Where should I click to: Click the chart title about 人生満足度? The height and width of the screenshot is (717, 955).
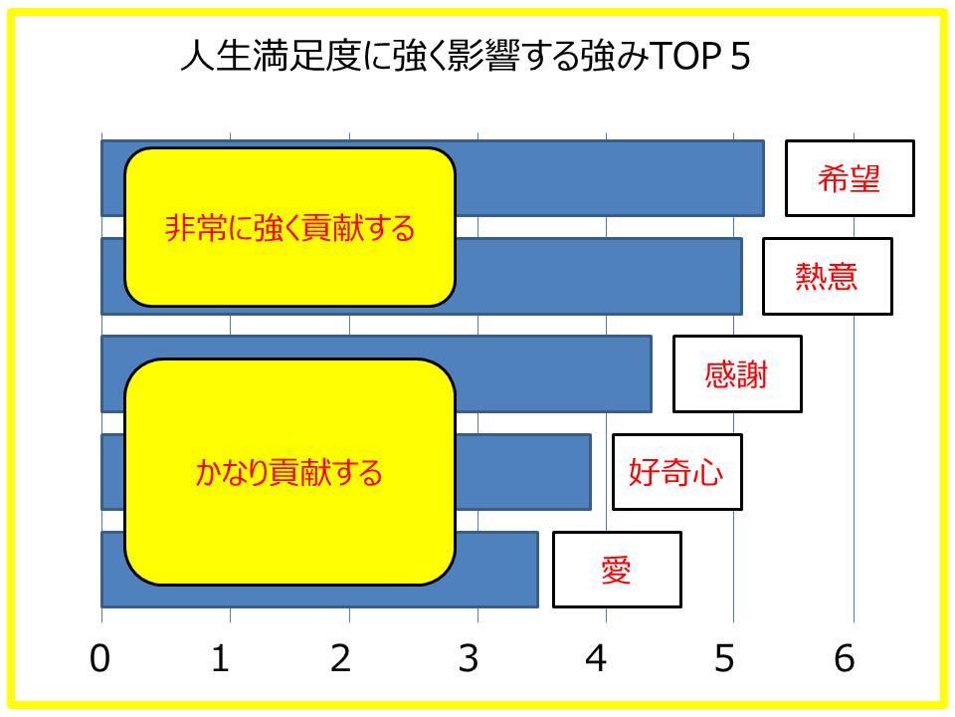[x=466, y=56]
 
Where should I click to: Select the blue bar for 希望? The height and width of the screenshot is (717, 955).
[x=609, y=178]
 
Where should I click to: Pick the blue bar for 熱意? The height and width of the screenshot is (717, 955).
[x=599, y=276]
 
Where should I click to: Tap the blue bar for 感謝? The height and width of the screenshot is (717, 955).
[x=553, y=373]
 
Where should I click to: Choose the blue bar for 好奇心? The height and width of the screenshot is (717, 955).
[x=523, y=472]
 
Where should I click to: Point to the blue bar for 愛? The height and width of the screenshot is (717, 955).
[x=496, y=570]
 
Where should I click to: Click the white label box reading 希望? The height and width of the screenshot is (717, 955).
[x=850, y=178]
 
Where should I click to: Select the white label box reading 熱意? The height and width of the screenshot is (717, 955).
[x=827, y=276]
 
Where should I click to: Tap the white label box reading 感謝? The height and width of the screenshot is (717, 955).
[x=737, y=373]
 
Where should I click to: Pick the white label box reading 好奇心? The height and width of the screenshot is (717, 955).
[x=676, y=472]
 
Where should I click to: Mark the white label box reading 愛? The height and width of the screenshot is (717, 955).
[x=617, y=570]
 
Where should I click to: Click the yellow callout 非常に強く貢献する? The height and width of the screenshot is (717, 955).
[x=289, y=227]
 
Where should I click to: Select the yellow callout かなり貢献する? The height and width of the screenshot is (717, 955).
[x=289, y=472]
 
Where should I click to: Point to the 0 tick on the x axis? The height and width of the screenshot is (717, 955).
[x=100, y=658]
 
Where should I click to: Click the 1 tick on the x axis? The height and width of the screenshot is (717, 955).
[x=221, y=658]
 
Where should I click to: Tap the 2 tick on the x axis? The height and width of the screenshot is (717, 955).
[x=341, y=658]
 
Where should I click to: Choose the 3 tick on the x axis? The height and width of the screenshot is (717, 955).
[x=469, y=658]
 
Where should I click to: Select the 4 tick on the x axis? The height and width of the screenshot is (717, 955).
[x=596, y=658]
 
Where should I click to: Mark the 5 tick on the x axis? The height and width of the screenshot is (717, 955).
[x=724, y=658]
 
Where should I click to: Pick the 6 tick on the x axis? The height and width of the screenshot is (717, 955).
[x=845, y=658]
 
